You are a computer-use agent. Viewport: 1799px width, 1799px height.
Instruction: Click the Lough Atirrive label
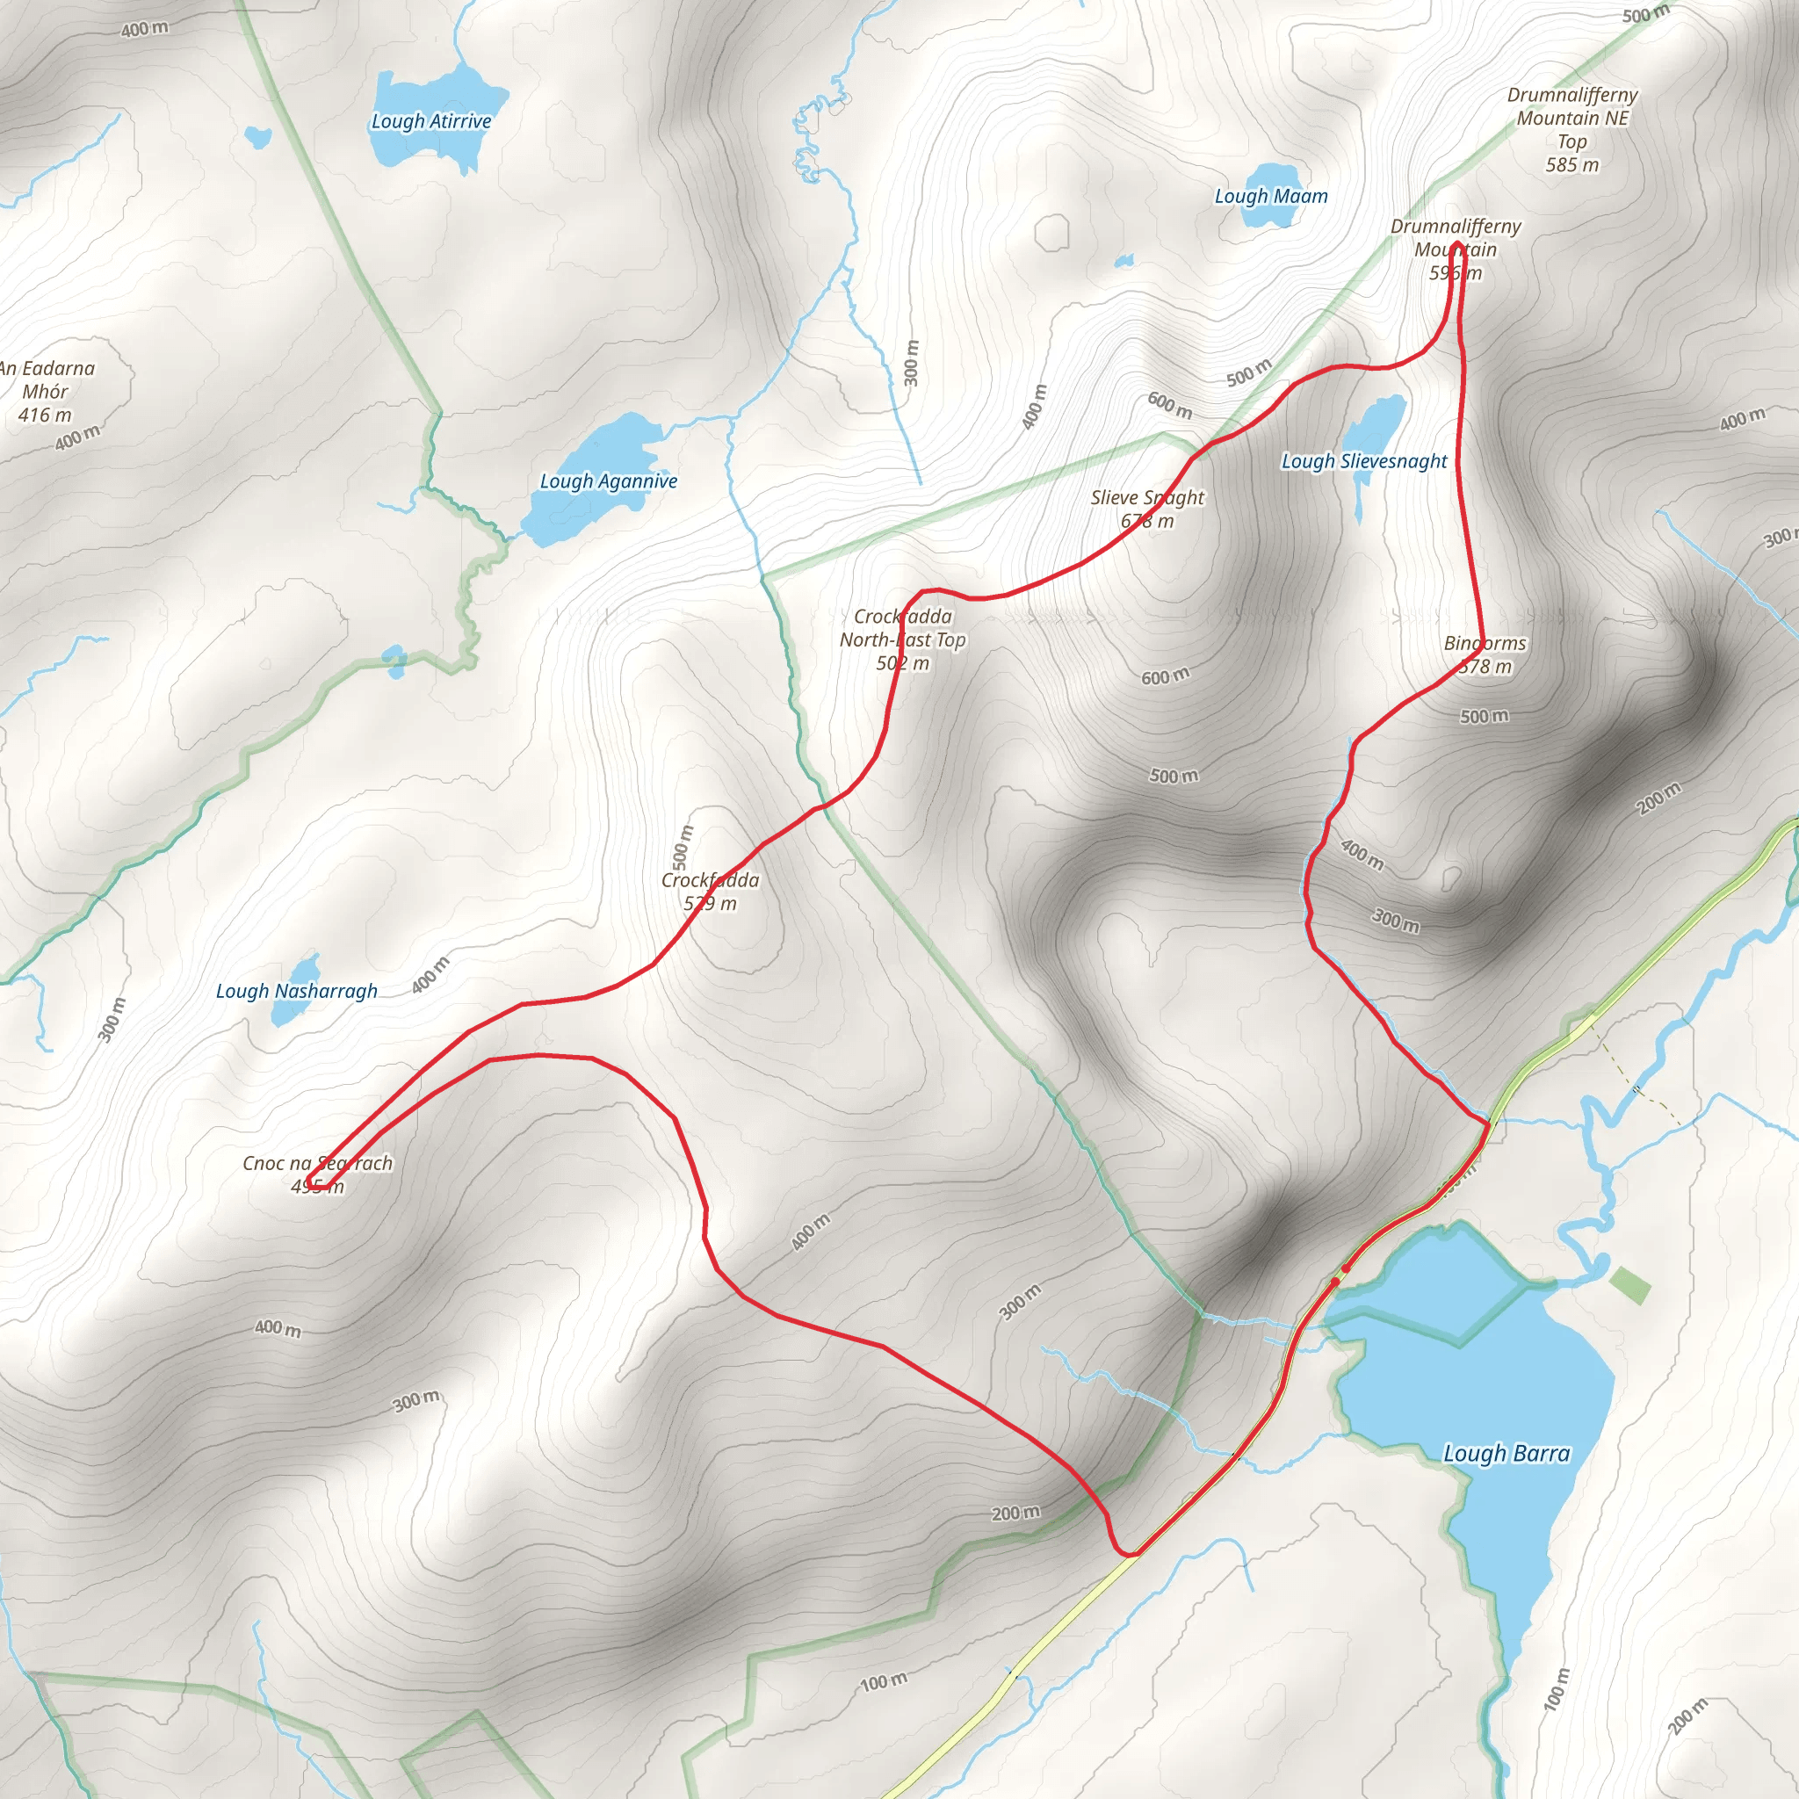click(x=431, y=121)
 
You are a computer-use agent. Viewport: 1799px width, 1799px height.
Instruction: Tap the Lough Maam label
click(x=1270, y=197)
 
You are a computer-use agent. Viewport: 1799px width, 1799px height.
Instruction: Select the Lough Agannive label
click(x=608, y=481)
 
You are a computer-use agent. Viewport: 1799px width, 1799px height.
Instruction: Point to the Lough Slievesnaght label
click(x=1364, y=461)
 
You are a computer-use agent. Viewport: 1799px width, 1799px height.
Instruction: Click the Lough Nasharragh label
click(x=296, y=991)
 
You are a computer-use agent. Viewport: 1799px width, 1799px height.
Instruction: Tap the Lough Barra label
click(x=1506, y=1454)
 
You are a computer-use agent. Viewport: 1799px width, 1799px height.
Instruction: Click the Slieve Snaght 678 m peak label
click(x=1147, y=509)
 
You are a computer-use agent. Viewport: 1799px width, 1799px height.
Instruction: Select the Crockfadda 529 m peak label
click(x=711, y=891)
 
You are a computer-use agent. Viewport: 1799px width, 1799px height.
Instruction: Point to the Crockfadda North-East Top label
click(x=902, y=639)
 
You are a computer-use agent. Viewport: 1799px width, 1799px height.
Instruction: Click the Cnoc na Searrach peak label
click(x=317, y=1174)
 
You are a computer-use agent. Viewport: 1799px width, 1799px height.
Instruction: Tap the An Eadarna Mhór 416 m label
click(x=47, y=391)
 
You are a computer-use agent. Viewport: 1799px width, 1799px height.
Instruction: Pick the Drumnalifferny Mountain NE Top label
click(x=1571, y=129)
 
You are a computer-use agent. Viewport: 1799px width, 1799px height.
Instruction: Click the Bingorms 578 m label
click(x=1485, y=654)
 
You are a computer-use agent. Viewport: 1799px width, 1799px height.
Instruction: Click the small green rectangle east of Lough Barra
click(x=1629, y=1285)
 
